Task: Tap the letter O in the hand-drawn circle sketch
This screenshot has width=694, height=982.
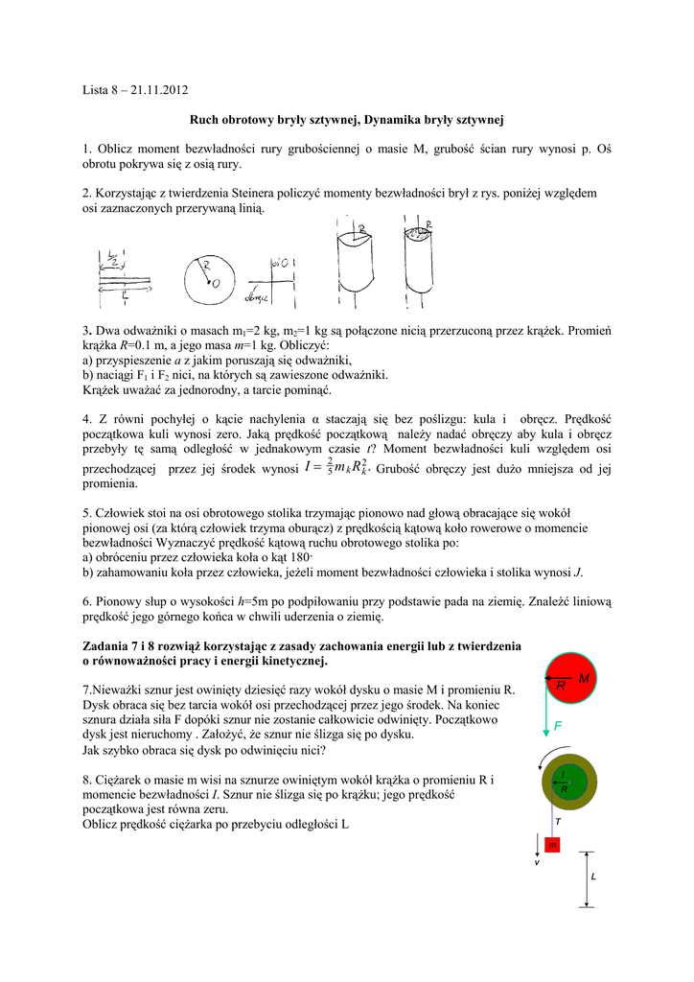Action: (216, 283)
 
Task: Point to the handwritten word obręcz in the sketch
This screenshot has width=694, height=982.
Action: (256, 297)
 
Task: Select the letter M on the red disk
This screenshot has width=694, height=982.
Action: (583, 678)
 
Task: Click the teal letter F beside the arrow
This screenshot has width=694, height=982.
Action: (559, 728)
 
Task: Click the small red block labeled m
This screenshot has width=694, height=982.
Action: (552, 845)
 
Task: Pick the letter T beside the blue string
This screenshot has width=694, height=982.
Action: (558, 822)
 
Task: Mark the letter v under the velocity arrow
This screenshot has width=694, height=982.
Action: (537, 864)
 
